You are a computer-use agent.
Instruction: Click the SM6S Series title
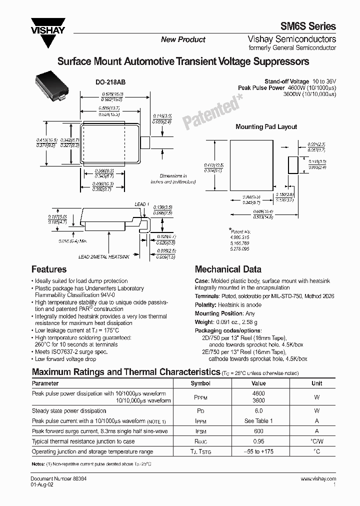click(311, 27)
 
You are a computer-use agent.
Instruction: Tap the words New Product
click(183, 39)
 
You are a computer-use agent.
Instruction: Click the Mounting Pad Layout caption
click(266, 127)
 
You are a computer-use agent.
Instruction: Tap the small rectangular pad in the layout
click(293, 164)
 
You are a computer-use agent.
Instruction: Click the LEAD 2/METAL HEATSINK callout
click(103, 256)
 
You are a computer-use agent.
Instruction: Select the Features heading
click(49, 269)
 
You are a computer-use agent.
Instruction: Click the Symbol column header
click(200, 383)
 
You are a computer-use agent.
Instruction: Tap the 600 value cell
click(258, 431)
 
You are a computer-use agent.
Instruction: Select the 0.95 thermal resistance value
click(258, 441)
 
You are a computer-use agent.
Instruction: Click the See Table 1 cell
click(258, 421)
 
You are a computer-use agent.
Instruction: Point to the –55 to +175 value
click(258, 451)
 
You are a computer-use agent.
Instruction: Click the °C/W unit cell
click(316, 441)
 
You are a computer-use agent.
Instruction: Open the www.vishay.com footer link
click(318, 479)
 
